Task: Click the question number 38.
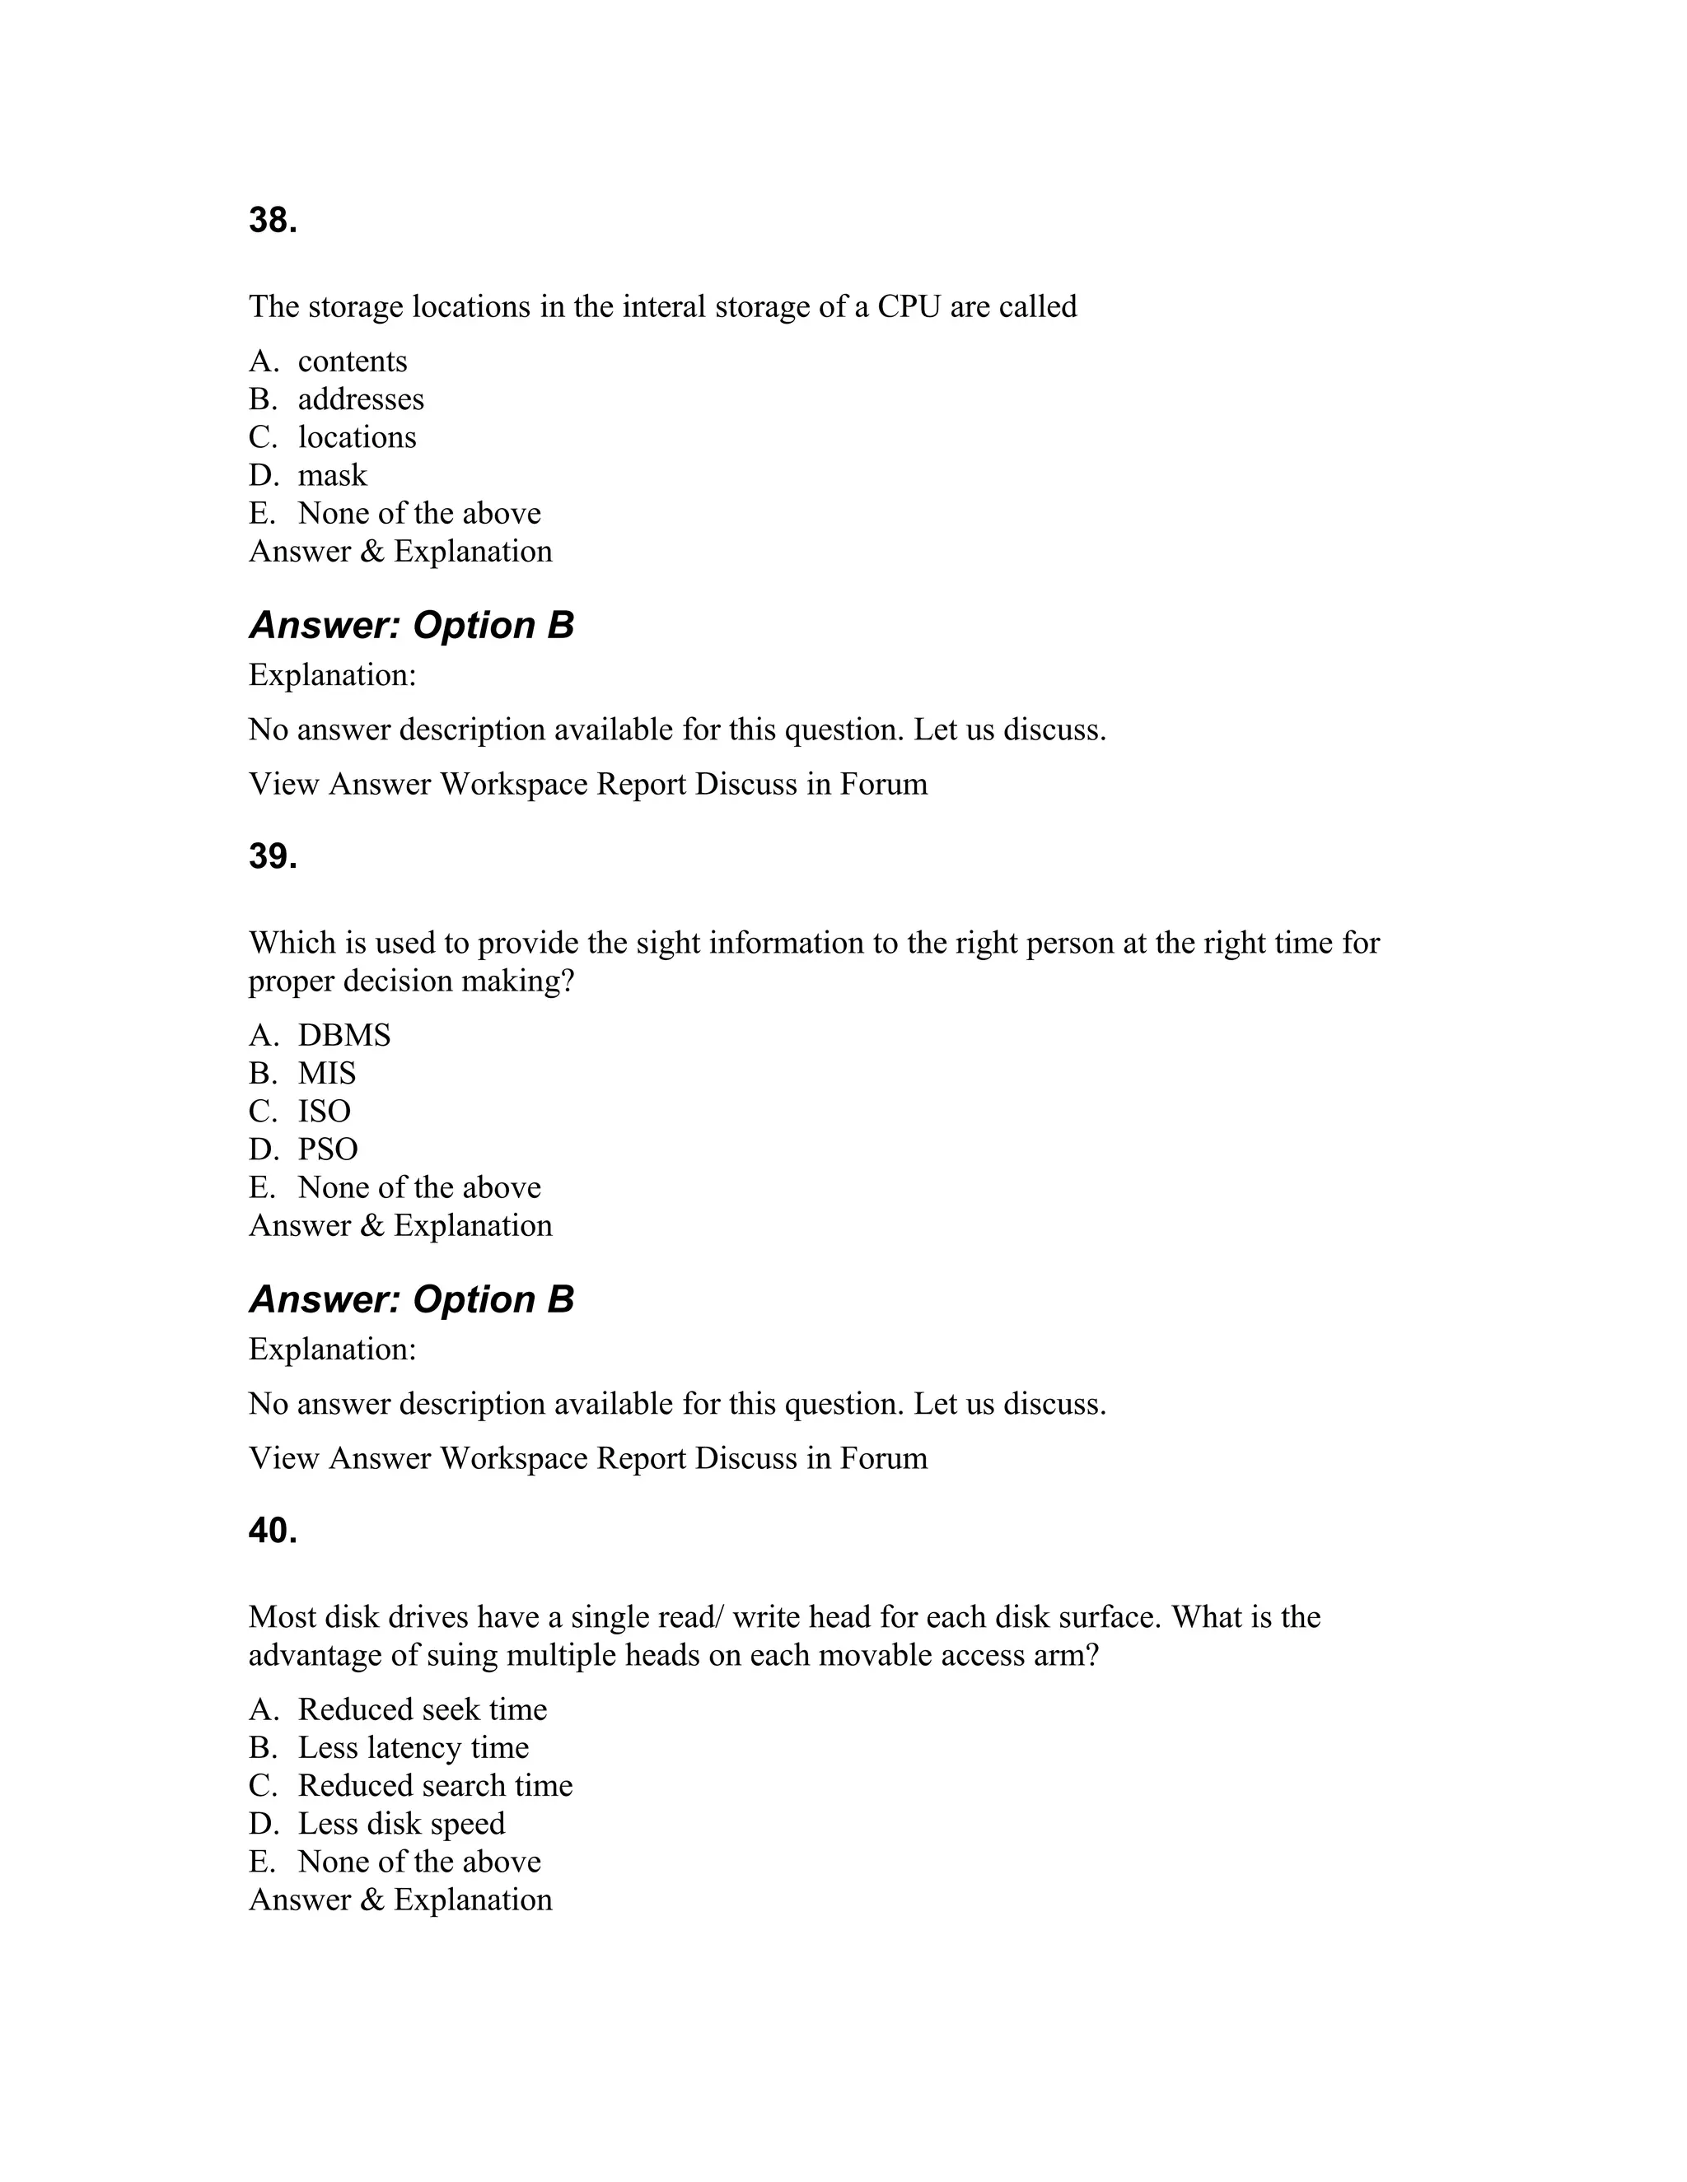(x=273, y=221)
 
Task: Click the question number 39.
(x=273, y=857)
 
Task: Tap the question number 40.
(x=273, y=1531)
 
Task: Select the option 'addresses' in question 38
(x=360, y=399)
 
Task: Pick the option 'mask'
(x=332, y=476)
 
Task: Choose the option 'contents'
(x=352, y=361)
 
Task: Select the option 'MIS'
(x=327, y=1073)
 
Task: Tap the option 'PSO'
(x=328, y=1149)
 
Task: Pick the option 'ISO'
(x=324, y=1111)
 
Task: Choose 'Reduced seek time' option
(x=422, y=1709)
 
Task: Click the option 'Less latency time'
(x=413, y=1747)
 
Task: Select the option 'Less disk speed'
(x=401, y=1823)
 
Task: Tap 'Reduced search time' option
(x=435, y=1785)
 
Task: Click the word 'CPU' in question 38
(x=909, y=307)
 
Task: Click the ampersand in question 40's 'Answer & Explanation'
(x=372, y=1900)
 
